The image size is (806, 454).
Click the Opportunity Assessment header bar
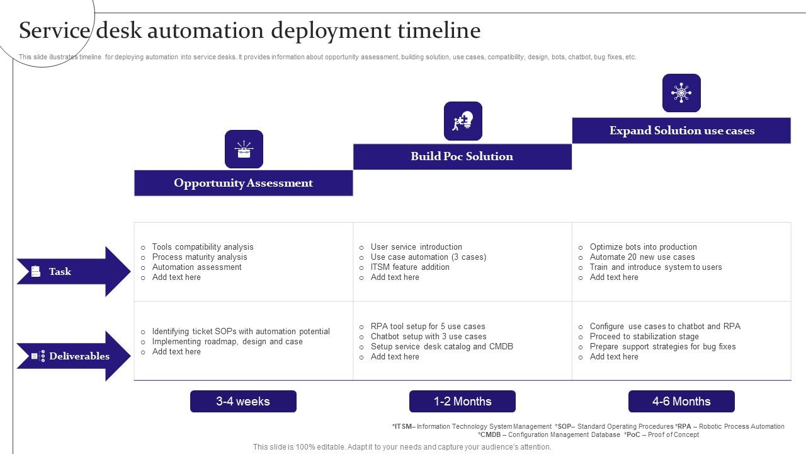pos(243,183)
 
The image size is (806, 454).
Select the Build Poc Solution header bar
pos(462,156)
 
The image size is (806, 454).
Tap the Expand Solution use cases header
pos(681,131)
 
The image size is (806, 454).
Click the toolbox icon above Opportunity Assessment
pos(244,149)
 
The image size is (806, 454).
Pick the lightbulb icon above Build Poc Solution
pos(463,121)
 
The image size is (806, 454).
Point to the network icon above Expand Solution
pos(681,93)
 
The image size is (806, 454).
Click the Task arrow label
pos(60,272)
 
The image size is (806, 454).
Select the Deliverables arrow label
pos(78,356)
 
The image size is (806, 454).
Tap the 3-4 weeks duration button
pos(243,402)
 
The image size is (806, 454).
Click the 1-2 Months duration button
pos(462,402)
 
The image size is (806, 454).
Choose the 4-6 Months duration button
pos(681,402)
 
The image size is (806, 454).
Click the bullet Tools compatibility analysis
pos(202,247)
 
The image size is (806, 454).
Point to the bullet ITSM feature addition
pos(410,267)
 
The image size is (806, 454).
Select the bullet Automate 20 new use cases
pos(642,257)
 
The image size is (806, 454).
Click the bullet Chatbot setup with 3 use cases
pos(428,337)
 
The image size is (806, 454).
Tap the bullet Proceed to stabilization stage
pos(644,337)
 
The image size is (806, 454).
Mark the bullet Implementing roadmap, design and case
pos(227,342)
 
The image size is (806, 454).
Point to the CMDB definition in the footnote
pos(548,434)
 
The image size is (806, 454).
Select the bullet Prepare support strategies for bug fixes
pos(662,347)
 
